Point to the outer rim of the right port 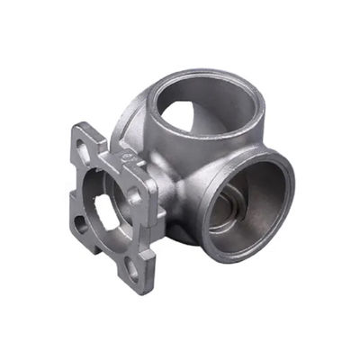[x=286, y=180]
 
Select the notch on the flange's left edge [x=69, y=184]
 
